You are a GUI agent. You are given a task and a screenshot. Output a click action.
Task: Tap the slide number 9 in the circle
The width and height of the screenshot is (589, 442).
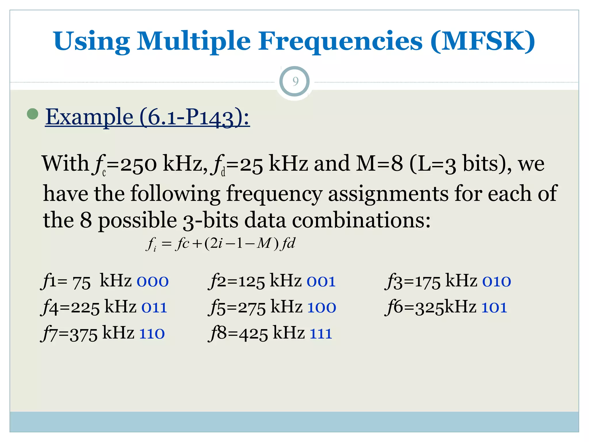click(295, 81)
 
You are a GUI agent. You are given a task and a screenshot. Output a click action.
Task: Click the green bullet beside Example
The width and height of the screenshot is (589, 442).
click(32, 114)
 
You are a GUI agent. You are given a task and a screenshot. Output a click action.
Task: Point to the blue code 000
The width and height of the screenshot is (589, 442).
click(152, 281)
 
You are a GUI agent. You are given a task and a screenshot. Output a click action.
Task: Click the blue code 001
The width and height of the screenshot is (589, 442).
click(321, 281)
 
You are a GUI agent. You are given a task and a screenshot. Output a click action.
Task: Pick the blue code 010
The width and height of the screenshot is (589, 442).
click(497, 281)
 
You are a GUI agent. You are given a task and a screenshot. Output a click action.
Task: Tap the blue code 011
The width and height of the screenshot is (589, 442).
click(154, 308)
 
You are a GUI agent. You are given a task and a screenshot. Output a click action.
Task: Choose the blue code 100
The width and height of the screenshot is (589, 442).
click(322, 308)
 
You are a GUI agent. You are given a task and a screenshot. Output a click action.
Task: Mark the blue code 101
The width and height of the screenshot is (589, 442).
click(494, 308)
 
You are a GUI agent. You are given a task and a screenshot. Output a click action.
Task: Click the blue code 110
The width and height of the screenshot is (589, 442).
click(152, 334)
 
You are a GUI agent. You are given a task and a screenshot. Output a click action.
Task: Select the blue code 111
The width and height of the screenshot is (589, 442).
click(321, 334)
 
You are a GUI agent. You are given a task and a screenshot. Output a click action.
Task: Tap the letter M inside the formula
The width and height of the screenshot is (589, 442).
click(263, 243)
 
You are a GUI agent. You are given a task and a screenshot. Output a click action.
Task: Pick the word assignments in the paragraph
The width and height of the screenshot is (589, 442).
click(388, 193)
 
